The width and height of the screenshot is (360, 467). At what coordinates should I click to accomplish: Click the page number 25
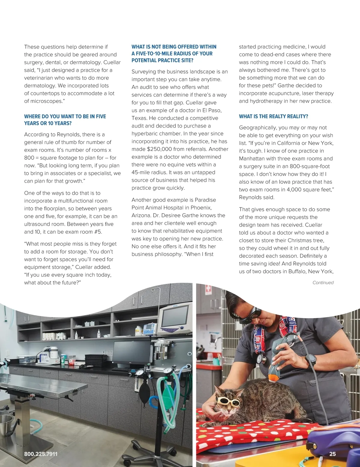(332, 454)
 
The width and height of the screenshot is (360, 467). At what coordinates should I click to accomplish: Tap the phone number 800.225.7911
(41, 454)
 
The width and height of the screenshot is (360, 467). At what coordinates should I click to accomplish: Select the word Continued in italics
(323, 283)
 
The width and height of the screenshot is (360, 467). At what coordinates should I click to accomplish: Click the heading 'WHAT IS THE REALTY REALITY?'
(273, 116)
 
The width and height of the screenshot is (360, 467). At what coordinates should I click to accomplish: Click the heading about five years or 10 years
(65, 120)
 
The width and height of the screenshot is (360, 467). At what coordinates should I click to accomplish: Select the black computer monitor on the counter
(132, 353)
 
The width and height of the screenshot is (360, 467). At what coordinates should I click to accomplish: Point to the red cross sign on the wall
(208, 290)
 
